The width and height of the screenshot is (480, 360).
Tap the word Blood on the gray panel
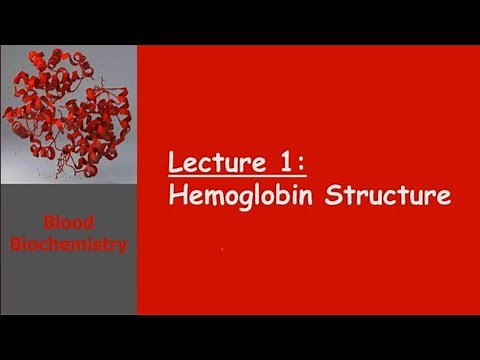click(68, 225)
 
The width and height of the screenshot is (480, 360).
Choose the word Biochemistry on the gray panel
click(68, 243)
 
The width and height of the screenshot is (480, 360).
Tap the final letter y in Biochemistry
click(122, 245)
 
